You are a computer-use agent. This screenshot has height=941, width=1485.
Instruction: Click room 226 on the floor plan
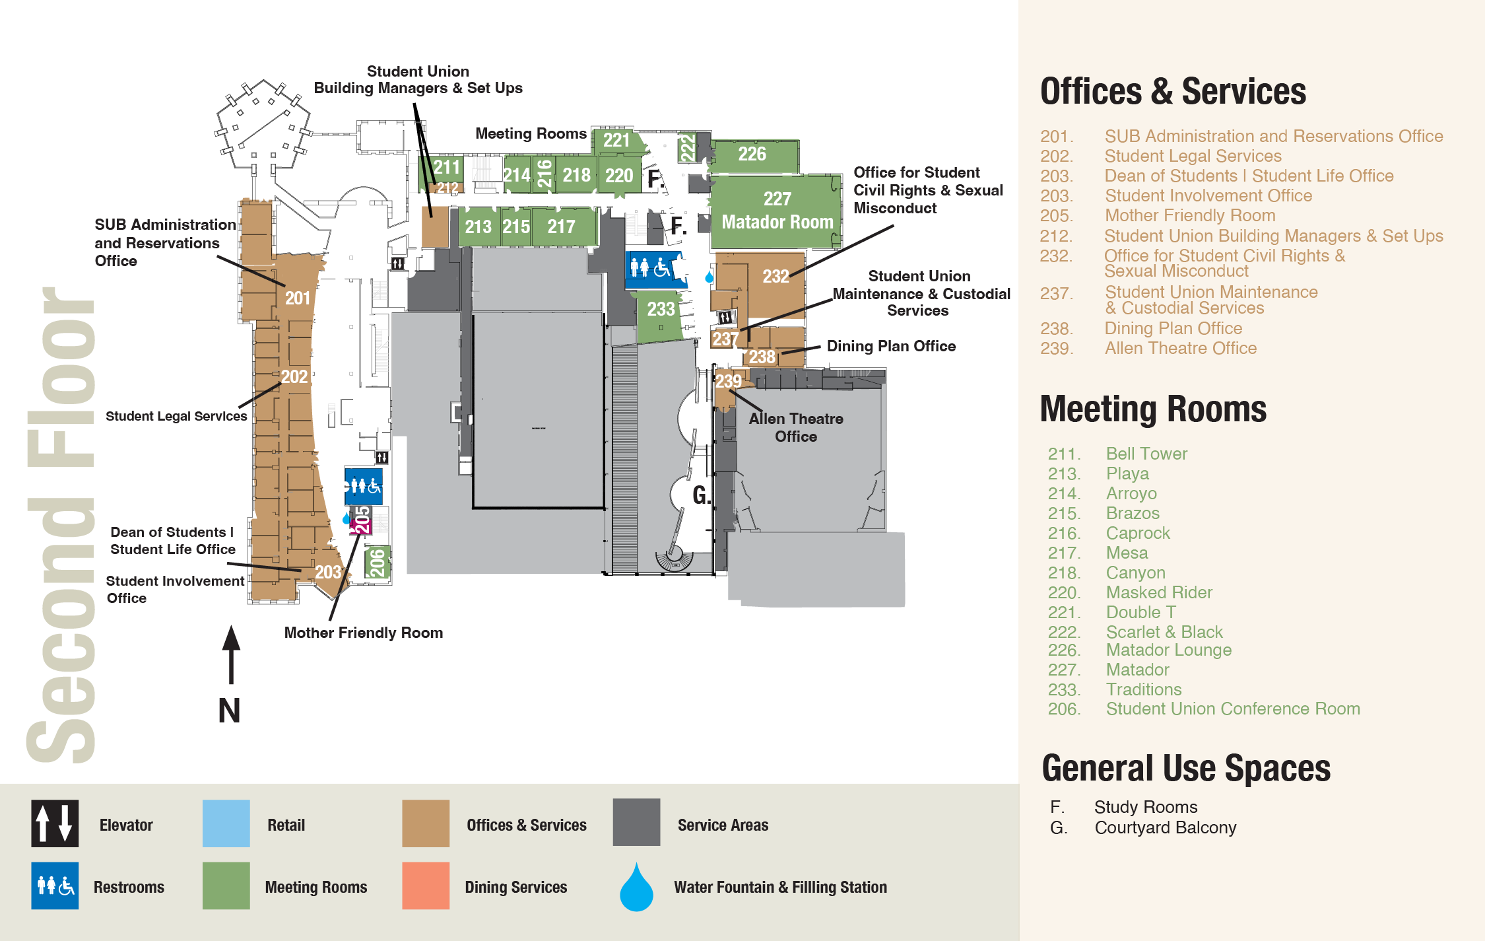click(x=752, y=155)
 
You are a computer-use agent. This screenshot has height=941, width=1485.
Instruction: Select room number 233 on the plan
click(x=661, y=309)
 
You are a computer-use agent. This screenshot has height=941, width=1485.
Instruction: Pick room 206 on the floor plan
click(x=377, y=563)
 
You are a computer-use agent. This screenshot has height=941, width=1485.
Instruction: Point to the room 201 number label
click(x=298, y=298)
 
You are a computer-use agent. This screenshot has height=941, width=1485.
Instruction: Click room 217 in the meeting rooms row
click(x=561, y=227)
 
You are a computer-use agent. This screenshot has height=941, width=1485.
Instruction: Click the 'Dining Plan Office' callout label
click(x=891, y=346)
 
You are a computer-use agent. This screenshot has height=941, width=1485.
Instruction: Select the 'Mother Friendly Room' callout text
click(x=363, y=633)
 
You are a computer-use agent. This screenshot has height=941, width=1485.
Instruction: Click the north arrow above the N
click(x=231, y=654)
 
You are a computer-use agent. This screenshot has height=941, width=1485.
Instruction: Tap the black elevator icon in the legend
click(x=55, y=823)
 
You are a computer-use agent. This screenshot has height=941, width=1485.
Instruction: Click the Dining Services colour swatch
click(x=426, y=886)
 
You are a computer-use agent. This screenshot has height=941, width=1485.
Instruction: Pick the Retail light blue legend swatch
click(x=226, y=823)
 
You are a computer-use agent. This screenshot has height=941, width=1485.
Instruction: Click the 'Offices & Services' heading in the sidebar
click(x=1173, y=91)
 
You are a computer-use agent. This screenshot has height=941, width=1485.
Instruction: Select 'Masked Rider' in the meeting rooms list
click(x=1159, y=592)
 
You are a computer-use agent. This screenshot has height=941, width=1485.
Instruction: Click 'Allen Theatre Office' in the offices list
click(x=1181, y=348)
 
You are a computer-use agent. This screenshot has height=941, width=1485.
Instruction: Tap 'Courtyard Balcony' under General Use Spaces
click(x=1165, y=827)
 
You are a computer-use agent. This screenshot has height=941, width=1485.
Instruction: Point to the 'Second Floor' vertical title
click(x=61, y=525)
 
